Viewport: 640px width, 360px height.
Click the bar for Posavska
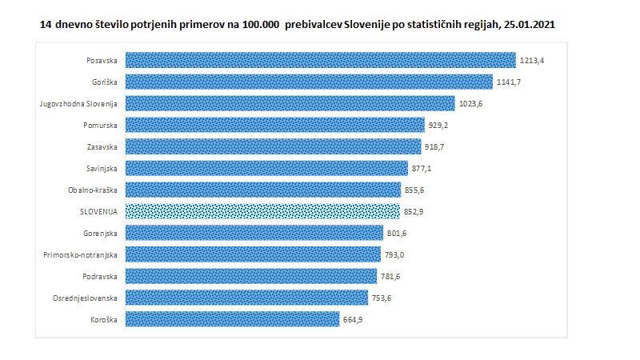(320, 60)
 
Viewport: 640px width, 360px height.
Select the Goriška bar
(309, 82)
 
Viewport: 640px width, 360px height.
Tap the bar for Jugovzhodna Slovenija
(290, 103)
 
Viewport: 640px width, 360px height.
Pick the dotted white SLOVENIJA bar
(262, 210)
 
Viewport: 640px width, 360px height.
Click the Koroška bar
(232, 318)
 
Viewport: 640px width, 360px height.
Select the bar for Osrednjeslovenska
(246, 298)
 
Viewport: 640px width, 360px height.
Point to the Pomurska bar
(274, 125)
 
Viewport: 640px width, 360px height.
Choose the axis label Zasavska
(102, 146)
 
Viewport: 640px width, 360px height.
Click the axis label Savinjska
(102, 168)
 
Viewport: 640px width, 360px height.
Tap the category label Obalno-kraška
(94, 190)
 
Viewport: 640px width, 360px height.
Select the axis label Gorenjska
(101, 233)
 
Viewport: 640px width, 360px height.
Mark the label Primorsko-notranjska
(81, 254)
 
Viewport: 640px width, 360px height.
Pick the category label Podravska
(101, 276)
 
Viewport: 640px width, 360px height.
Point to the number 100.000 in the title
(254, 25)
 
